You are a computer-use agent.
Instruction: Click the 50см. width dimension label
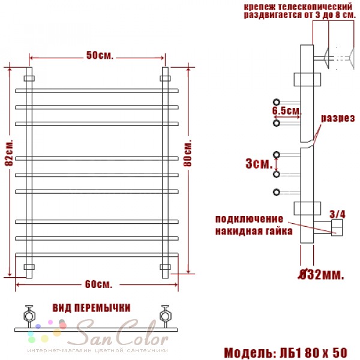(x=100, y=55)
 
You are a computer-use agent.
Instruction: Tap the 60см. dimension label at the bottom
(x=99, y=284)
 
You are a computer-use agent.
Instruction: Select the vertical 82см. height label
(x=9, y=152)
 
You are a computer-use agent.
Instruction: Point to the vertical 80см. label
(x=188, y=152)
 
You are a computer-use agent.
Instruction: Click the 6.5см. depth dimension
(x=287, y=110)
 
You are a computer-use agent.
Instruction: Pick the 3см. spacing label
(x=259, y=164)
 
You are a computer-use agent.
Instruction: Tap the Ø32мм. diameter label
(x=321, y=274)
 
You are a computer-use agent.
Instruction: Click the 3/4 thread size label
(x=337, y=214)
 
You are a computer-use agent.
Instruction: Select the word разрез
(x=338, y=118)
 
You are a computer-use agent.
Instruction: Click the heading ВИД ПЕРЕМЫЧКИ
(x=92, y=308)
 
